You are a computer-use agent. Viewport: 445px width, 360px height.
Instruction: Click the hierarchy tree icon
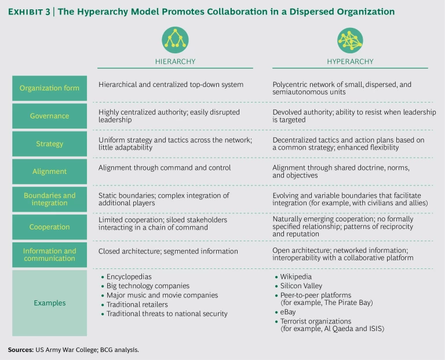(x=175, y=39)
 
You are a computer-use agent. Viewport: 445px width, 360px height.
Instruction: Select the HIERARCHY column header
(x=175, y=61)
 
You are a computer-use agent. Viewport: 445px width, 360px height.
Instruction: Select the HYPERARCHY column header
(x=350, y=61)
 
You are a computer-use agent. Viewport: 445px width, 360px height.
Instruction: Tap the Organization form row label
(x=50, y=89)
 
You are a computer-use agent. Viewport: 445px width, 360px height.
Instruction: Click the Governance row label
(x=50, y=116)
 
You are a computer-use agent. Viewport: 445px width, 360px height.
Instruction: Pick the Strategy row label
(x=50, y=143)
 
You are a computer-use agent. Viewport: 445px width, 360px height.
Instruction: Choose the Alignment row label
(x=50, y=172)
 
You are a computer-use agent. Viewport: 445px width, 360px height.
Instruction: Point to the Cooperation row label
(x=50, y=227)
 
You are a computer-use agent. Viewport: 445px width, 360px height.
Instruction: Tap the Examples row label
(x=50, y=303)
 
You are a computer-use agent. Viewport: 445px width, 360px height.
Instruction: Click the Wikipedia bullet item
(x=296, y=277)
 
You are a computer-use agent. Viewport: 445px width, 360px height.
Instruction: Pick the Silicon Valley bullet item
(x=301, y=286)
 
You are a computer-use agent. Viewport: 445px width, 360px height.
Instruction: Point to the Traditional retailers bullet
(x=137, y=304)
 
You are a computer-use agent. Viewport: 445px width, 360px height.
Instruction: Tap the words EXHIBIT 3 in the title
(x=31, y=12)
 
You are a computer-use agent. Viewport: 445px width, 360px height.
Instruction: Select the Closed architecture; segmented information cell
(x=168, y=251)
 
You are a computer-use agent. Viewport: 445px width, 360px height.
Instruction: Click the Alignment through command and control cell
(x=165, y=168)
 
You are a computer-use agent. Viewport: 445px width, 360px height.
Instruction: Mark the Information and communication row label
(x=50, y=255)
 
